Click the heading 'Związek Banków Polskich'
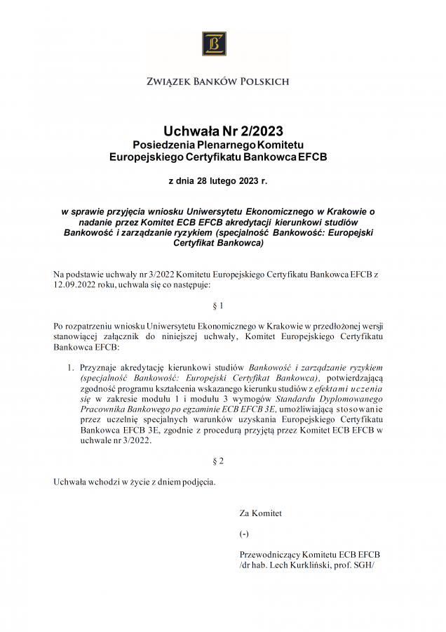[x=217, y=81]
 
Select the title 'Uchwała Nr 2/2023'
[x=222, y=131]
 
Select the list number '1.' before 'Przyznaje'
[x=71, y=367]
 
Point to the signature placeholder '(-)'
[x=244, y=534]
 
